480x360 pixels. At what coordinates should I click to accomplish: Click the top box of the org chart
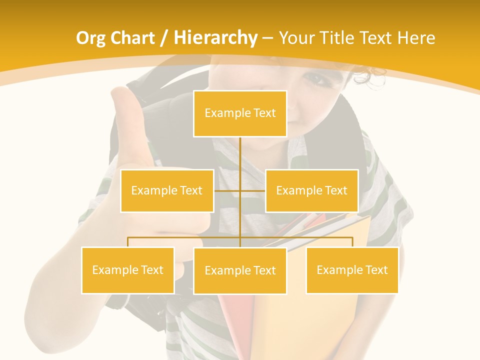pyautogui.click(x=240, y=113)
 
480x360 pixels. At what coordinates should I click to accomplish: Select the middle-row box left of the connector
pyautogui.click(x=167, y=190)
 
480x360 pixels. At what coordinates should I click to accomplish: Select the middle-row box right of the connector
pyautogui.click(x=311, y=190)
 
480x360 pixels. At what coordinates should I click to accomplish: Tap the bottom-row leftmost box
pyautogui.click(x=127, y=270)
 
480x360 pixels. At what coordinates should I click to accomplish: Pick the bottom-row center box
pyautogui.click(x=240, y=270)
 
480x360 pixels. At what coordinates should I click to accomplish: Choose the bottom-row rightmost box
pyautogui.click(x=352, y=270)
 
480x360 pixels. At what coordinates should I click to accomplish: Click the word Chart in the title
pyautogui.click(x=133, y=38)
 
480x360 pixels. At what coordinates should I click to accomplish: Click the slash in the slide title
pyautogui.click(x=163, y=38)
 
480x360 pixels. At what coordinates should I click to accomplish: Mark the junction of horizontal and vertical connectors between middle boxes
pyautogui.click(x=240, y=190)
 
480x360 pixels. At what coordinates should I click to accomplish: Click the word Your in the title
pyautogui.click(x=296, y=38)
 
